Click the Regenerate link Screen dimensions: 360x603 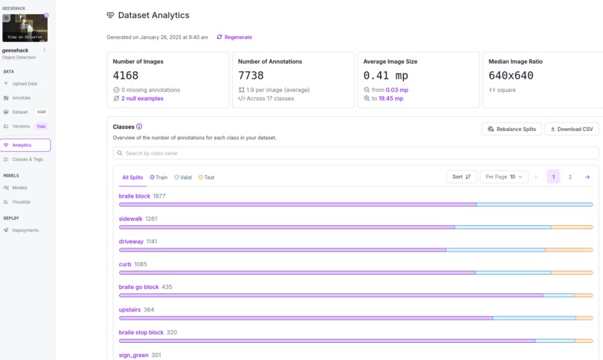(x=235, y=37)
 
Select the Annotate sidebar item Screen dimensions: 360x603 (x=21, y=98)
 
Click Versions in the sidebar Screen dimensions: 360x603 (x=21, y=126)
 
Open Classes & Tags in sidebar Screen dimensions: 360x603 (x=27, y=159)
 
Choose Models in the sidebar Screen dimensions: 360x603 (x=19, y=188)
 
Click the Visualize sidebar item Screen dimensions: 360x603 (x=21, y=202)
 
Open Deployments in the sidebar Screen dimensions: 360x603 (x=25, y=231)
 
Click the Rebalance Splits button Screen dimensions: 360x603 (x=512, y=129)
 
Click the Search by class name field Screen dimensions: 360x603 (x=355, y=153)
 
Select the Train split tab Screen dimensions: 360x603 (x=159, y=177)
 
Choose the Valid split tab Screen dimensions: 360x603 (x=183, y=177)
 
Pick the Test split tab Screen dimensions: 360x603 (x=206, y=177)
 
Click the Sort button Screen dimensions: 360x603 (x=461, y=177)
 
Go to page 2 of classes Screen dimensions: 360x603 (x=570, y=177)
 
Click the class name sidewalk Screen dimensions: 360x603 (x=130, y=219)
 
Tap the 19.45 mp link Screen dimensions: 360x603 (x=391, y=99)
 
